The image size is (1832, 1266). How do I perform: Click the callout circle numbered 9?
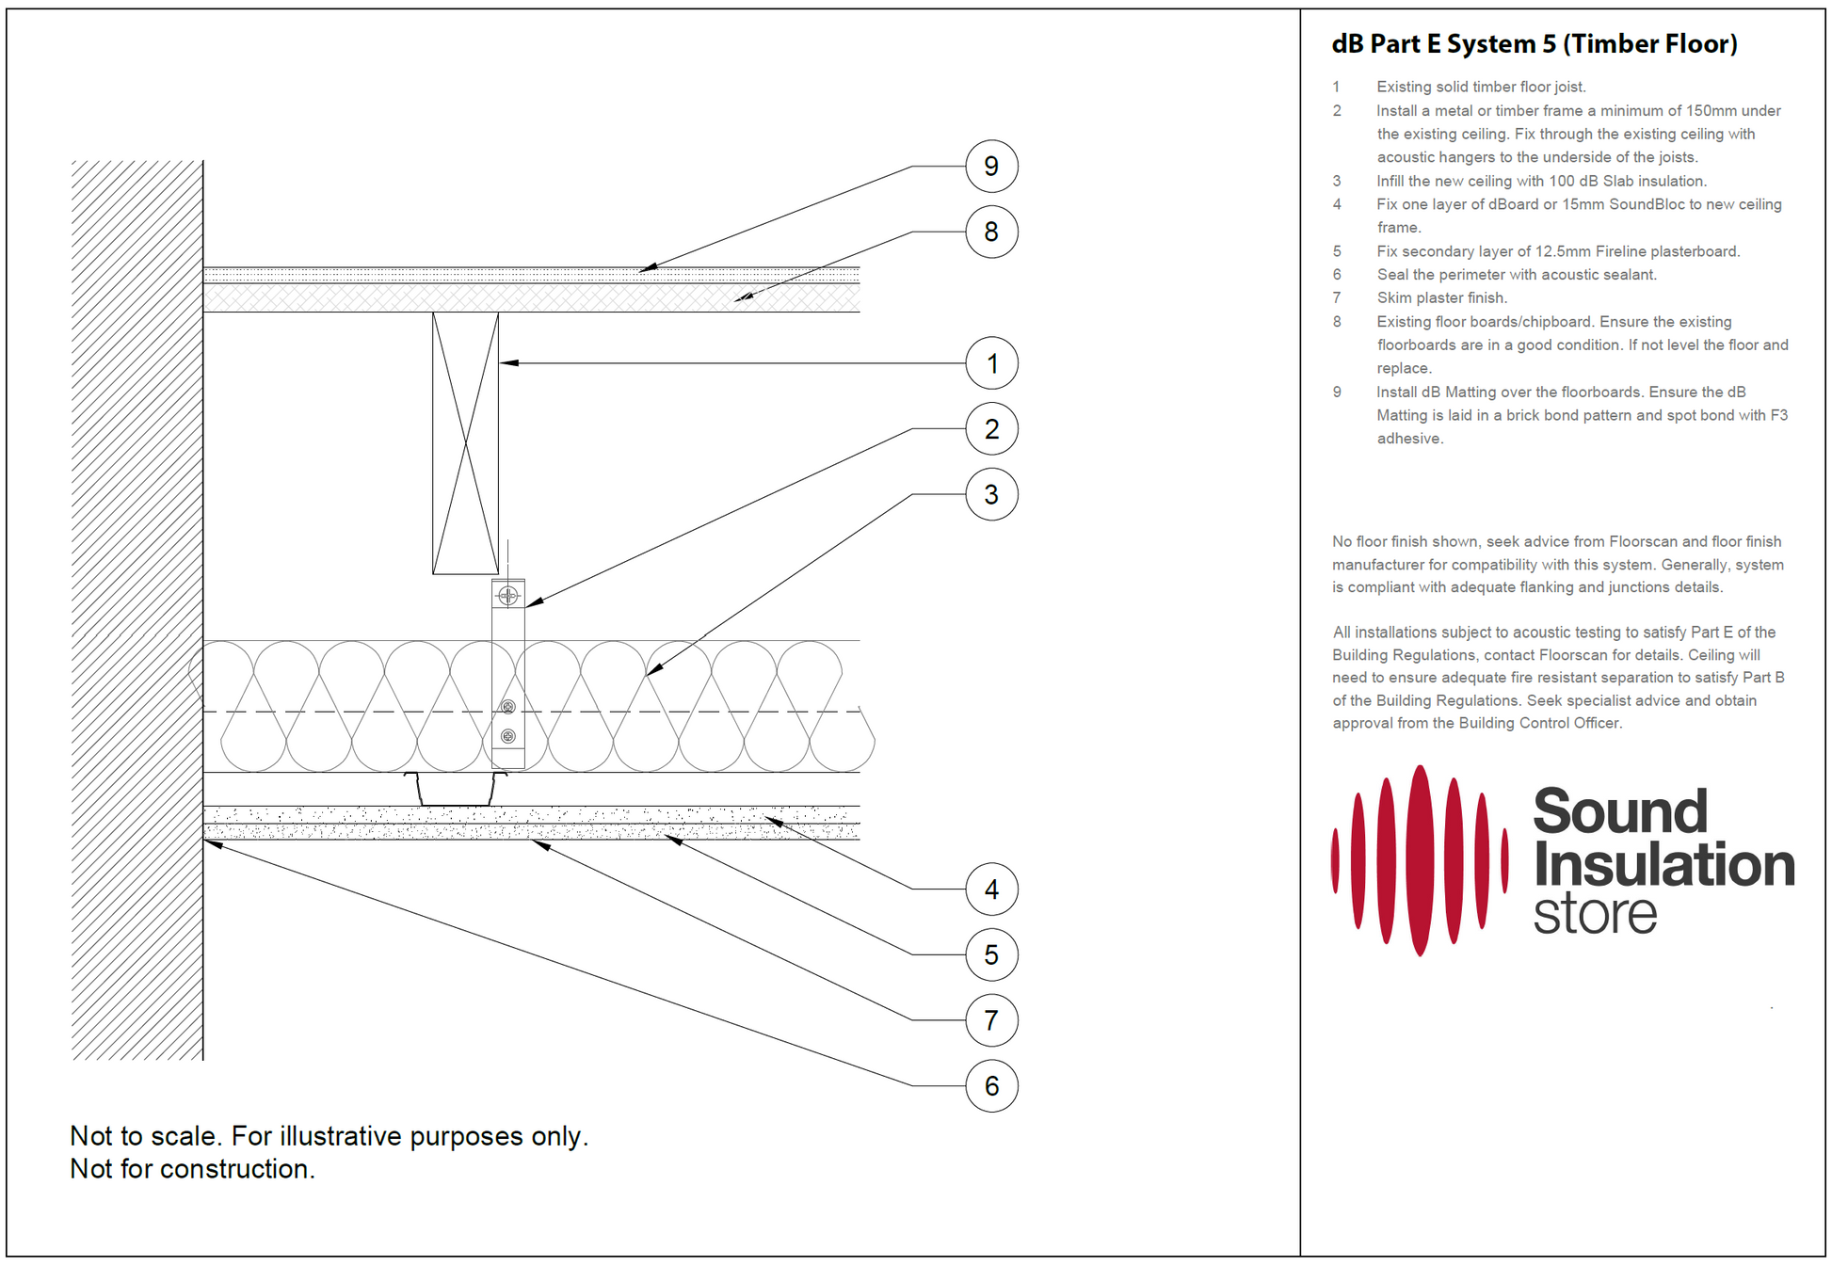[x=991, y=167]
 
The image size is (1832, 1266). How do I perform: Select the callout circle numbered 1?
[x=991, y=363]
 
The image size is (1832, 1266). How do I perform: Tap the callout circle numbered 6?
[x=991, y=1086]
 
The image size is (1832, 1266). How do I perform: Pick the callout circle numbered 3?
[x=991, y=494]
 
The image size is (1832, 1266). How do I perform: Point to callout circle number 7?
[x=991, y=1020]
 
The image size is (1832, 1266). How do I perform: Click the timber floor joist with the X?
[x=465, y=442]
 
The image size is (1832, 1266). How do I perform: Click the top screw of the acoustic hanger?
[x=507, y=595]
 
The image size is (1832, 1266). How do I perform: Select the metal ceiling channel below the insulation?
[x=456, y=790]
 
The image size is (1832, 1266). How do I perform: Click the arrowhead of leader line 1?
[x=506, y=362]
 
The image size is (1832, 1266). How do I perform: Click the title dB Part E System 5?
[x=1534, y=44]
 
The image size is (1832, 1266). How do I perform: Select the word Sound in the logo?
[x=1619, y=811]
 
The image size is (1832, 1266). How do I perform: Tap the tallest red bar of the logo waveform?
[x=1420, y=861]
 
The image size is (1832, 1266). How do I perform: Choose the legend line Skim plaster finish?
[x=1441, y=298]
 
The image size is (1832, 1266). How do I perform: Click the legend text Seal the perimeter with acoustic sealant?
[x=1516, y=275]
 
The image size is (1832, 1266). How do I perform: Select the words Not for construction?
[x=193, y=1169]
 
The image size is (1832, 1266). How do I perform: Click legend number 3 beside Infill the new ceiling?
[x=1336, y=181]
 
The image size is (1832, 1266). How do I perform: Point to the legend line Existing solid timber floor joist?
[x=1481, y=87]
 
